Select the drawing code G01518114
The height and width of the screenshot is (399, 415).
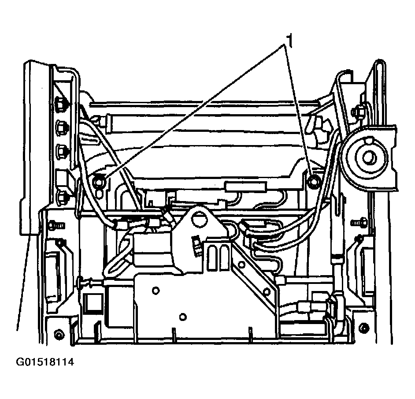45,362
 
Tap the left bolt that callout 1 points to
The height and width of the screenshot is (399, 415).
99,179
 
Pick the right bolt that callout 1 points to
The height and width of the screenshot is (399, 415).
313,180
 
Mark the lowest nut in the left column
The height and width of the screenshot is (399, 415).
64,195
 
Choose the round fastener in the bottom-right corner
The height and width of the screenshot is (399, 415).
363,327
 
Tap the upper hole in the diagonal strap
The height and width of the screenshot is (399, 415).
241,265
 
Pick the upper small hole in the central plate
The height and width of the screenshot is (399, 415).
155,290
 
